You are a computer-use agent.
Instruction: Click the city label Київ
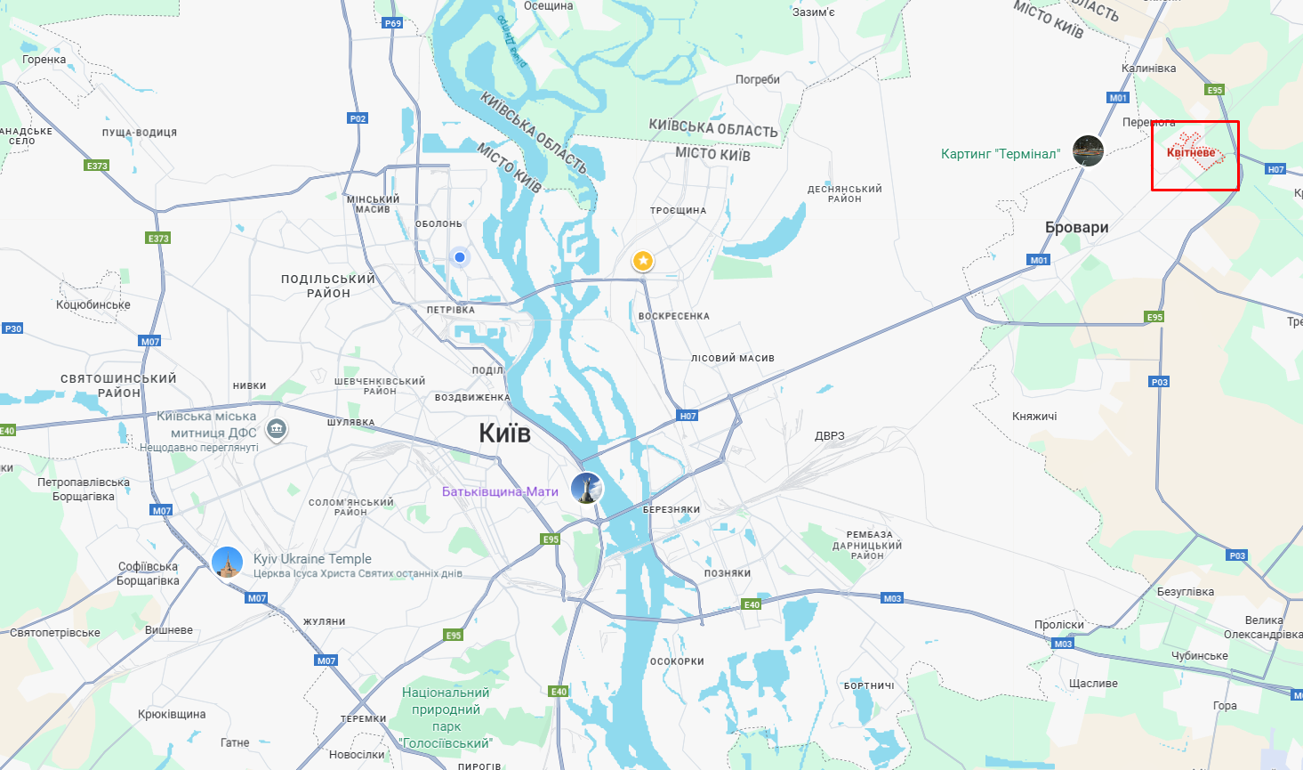[x=504, y=434]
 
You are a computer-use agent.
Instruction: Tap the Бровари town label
[x=1076, y=228]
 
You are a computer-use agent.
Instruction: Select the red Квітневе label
[x=1191, y=152]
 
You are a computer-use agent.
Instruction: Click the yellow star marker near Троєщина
[x=643, y=261]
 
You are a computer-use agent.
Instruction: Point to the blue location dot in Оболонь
[x=460, y=257]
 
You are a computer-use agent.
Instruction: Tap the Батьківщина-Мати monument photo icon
[x=586, y=488]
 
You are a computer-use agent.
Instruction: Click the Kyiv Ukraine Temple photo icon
[x=228, y=563]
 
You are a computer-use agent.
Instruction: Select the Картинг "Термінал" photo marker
[x=1088, y=151]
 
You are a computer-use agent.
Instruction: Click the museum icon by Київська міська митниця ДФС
[x=277, y=430]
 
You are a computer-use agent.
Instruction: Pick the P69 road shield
[x=393, y=23]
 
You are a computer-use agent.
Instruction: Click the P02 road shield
[x=358, y=118]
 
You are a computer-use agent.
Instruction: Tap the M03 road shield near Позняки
[x=892, y=598]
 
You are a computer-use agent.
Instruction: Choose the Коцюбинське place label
[x=93, y=304]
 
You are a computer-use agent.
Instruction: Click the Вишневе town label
[x=169, y=630]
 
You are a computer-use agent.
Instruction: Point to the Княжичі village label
[x=1034, y=416]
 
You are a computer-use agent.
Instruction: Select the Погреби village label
[x=758, y=79]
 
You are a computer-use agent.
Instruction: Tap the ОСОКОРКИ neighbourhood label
[x=677, y=661]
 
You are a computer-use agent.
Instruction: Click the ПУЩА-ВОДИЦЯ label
[x=140, y=133]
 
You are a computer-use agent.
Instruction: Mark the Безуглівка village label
[x=1186, y=592]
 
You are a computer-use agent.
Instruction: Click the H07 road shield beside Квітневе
[x=1275, y=169]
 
